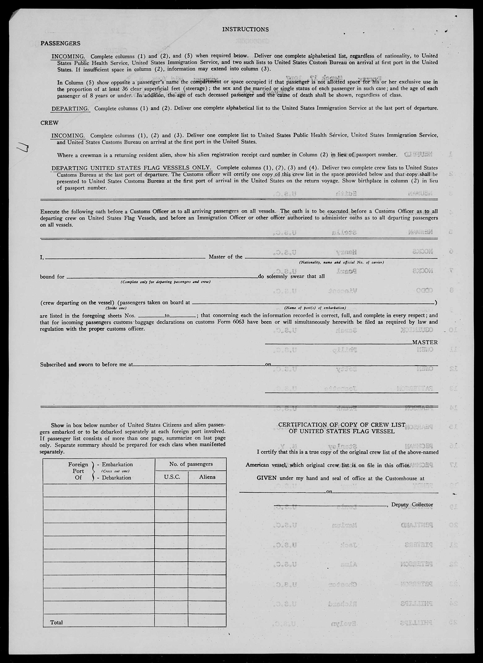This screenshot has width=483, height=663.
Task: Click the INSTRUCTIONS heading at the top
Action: tap(245, 29)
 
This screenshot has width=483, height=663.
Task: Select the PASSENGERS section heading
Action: tap(60, 43)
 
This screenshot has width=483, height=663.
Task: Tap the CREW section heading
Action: tap(49, 123)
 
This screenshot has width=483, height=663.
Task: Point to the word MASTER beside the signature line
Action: tap(425, 342)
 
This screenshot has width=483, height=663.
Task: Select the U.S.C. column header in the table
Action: tap(172, 477)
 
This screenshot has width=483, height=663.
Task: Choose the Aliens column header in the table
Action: tap(207, 477)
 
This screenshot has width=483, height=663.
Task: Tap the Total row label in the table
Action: tap(56, 622)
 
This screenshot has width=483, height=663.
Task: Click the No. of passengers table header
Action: tap(191, 464)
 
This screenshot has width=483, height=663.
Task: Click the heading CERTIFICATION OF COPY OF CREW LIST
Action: tap(342, 425)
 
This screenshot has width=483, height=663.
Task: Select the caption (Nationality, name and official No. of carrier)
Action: tap(341, 262)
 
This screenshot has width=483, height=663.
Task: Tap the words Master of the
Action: tap(225, 257)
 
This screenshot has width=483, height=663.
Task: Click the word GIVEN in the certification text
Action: tap(266, 478)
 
